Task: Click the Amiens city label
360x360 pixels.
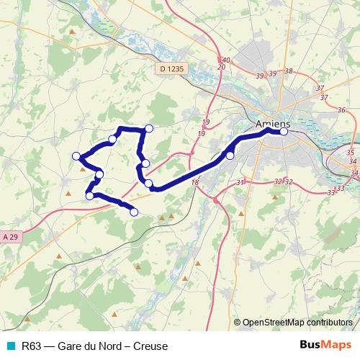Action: click(x=272, y=124)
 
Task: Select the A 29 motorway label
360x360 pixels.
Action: click(x=10, y=236)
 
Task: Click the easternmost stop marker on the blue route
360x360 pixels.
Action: click(x=284, y=132)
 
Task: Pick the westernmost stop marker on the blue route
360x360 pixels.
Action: click(x=76, y=156)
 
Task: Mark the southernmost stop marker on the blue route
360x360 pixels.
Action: click(x=133, y=212)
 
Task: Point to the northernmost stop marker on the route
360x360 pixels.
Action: click(x=149, y=128)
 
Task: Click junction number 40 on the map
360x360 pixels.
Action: click(x=225, y=60)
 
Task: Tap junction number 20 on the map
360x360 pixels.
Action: click(x=221, y=67)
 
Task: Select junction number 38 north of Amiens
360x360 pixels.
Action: click(x=289, y=71)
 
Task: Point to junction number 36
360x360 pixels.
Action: click(x=341, y=110)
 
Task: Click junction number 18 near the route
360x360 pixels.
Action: click(x=194, y=184)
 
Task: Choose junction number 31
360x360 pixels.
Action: click(x=240, y=183)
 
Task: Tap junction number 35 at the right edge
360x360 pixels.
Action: click(x=350, y=153)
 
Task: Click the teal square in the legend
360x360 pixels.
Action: click(x=10, y=346)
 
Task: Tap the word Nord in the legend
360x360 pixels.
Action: click(x=110, y=346)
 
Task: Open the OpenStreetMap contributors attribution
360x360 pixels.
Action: click(x=297, y=322)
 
